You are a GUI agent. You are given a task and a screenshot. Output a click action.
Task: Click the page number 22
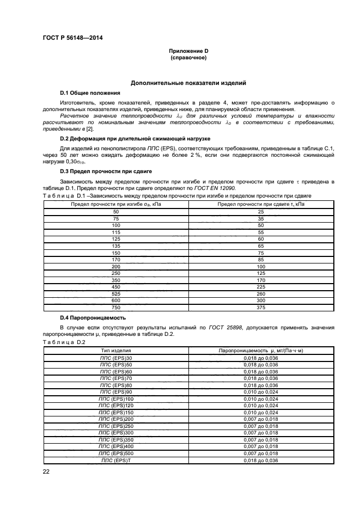coord(46,472)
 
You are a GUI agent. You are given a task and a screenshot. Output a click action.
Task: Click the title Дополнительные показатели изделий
coord(188,83)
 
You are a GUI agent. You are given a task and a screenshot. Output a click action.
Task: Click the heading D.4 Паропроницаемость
coord(93,317)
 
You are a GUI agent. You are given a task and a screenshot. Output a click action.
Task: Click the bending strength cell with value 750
coord(116,307)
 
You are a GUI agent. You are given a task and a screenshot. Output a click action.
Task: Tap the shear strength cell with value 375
coord(261,307)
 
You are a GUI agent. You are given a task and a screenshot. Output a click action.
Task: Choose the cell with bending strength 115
coord(116,232)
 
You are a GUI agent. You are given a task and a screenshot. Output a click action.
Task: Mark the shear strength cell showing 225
coord(261,286)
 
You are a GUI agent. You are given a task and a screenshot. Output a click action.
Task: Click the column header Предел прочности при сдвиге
coord(261,204)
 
